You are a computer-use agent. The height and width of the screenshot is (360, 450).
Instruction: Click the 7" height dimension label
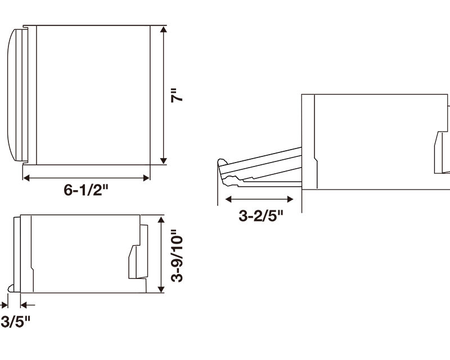(x=177, y=96)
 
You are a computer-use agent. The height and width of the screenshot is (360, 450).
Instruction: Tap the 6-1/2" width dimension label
(x=87, y=190)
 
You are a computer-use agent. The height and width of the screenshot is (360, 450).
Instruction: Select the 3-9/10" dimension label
(x=177, y=255)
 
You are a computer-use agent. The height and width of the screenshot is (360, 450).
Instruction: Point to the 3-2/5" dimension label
(x=261, y=215)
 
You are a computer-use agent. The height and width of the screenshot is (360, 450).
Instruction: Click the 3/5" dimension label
(x=15, y=322)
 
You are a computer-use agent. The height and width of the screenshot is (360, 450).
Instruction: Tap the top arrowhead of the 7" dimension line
(x=163, y=29)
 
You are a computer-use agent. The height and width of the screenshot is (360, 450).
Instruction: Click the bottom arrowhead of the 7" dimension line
(x=163, y=160)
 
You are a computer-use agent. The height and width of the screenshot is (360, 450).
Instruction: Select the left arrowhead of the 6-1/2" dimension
(x=26, y=178)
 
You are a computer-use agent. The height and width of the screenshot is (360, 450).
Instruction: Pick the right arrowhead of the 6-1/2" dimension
(x=146, y=178)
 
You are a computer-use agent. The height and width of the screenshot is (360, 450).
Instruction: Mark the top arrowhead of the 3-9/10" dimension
(x=161, y=220)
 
